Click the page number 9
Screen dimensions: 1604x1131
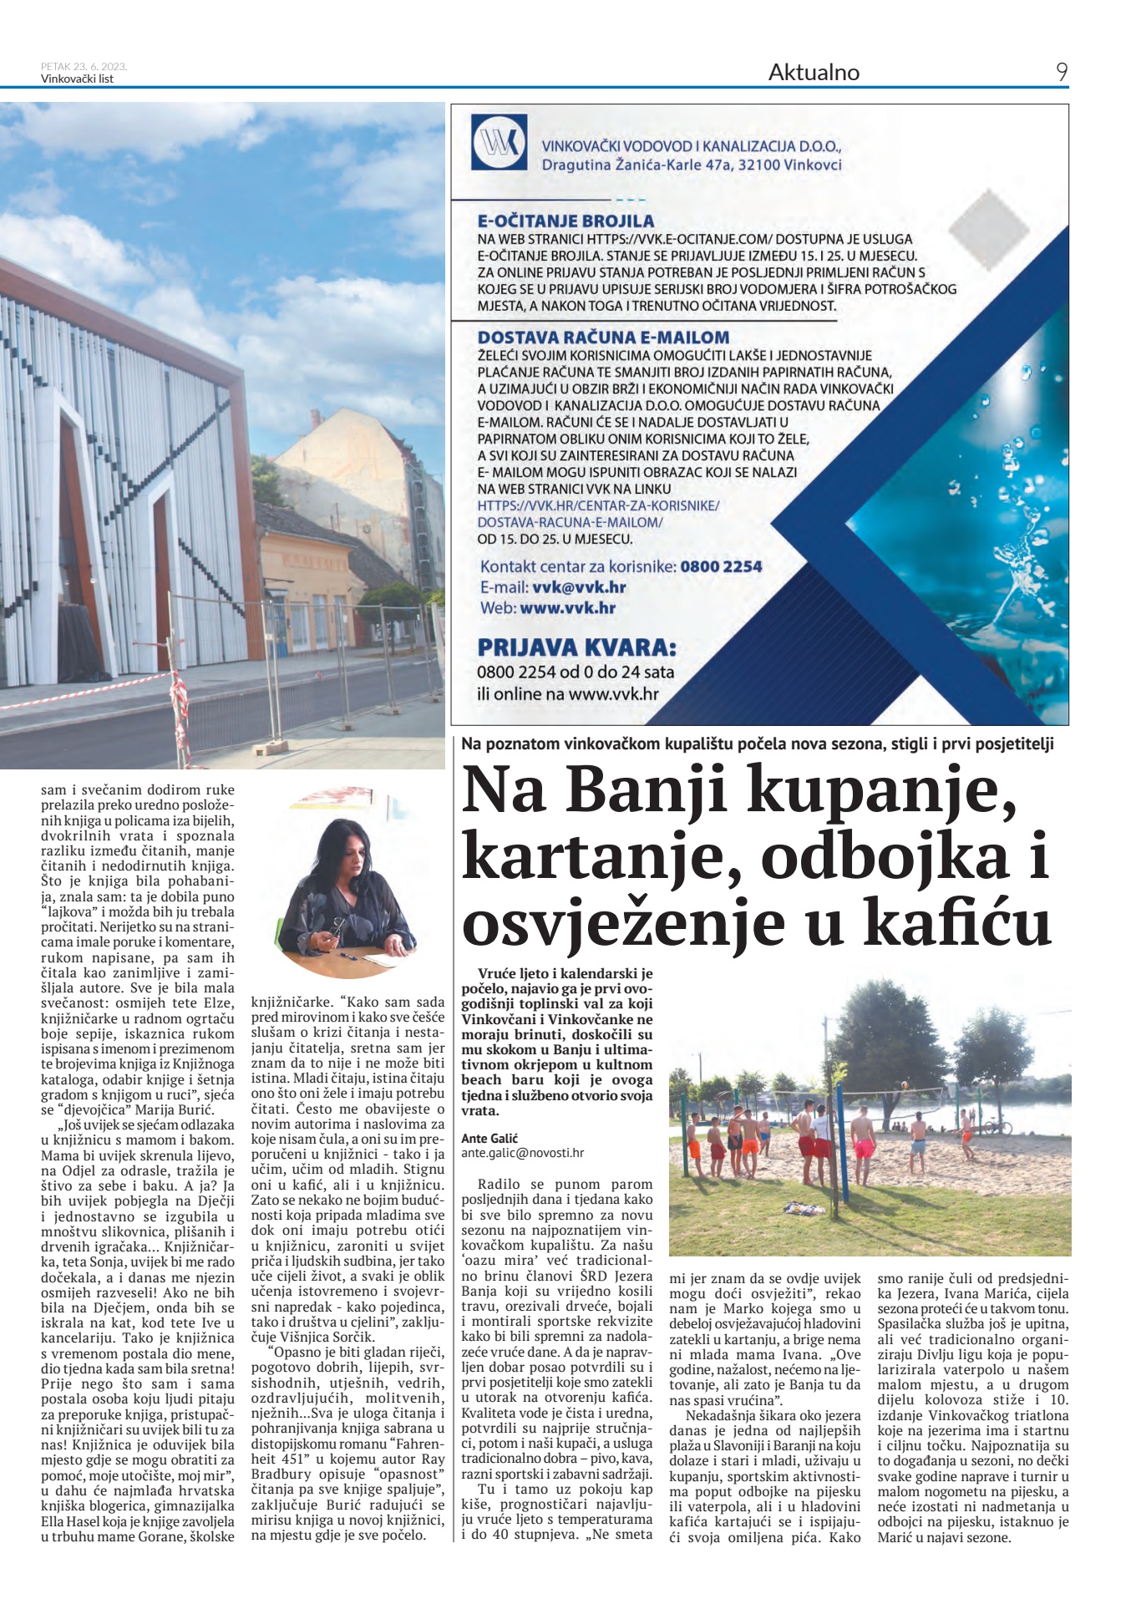1061,73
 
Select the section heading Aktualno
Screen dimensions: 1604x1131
813,73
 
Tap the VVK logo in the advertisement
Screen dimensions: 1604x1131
499,143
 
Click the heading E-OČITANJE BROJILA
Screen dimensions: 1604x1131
565,221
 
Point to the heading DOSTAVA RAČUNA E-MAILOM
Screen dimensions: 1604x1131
603,338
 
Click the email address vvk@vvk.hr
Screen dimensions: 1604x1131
579,586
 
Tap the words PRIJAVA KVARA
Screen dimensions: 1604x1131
576,647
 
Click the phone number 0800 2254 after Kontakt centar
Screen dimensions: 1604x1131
721,566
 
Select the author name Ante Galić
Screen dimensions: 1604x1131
489,1138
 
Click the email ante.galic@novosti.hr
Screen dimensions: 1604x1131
522,1152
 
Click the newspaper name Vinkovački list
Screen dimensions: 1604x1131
77,79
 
